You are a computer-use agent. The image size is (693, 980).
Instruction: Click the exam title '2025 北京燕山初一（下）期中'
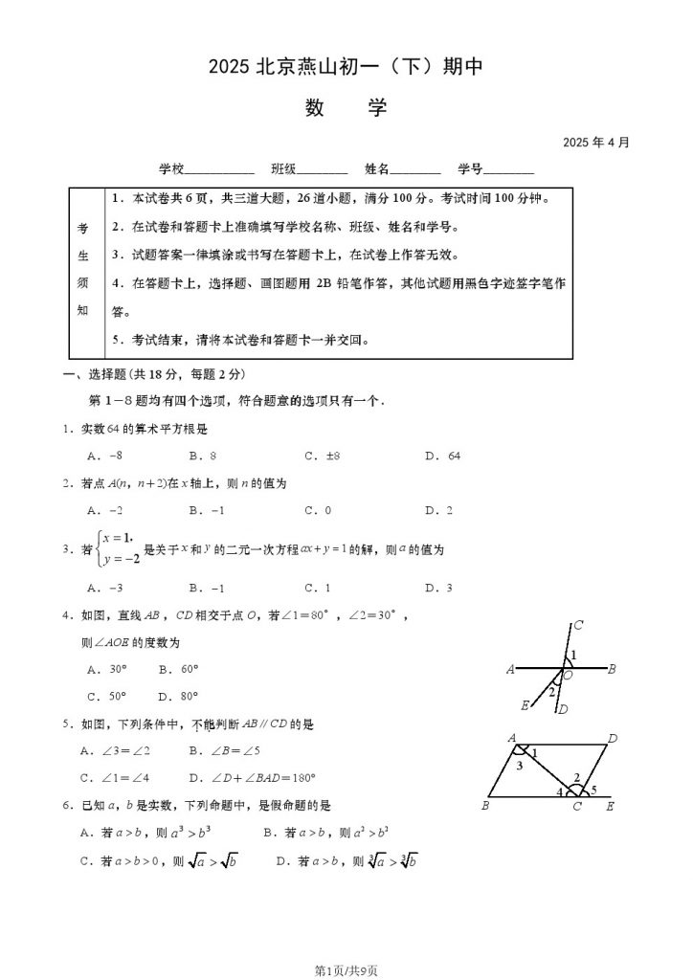[x=346, y=66]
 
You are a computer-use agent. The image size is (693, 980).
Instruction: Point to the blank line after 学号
[x=508, y=171]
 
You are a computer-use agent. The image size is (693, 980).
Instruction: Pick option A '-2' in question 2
[x=104, y=511]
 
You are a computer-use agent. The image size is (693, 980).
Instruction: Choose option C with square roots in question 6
[x=161, y=861]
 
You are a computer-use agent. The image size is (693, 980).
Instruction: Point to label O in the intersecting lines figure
[x=568, y=676]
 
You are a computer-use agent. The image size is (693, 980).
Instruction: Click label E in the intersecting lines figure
[x=525, y=705]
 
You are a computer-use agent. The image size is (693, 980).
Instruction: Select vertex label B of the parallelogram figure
[x=486, y=807]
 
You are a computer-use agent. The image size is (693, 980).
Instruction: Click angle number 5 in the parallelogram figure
[x=594, y=789]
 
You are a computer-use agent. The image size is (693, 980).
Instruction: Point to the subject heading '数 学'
[x=346, y=107]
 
